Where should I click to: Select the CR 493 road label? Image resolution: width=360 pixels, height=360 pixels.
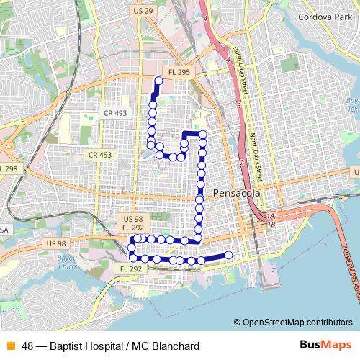point(115,113)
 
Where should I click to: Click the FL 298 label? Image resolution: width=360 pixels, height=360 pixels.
point(9,168)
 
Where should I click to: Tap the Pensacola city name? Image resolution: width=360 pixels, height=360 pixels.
point(235,192)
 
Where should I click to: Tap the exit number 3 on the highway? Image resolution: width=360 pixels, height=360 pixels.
point(238,104)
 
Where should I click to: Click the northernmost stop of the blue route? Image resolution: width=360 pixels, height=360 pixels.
point(158,81)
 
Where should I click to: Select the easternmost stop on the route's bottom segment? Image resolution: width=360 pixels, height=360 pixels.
point(229,255)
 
